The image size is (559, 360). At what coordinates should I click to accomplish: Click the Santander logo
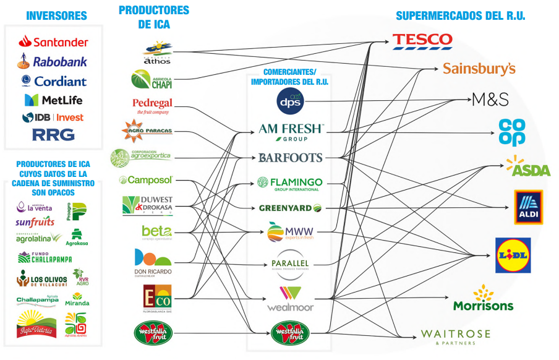pyautogui.click(x=53, y=42)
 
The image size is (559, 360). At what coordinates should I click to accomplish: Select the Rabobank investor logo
pyautogui.click(x=53, y=61)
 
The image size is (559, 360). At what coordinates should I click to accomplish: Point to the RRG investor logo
pyautogui.click(x=53, y=134)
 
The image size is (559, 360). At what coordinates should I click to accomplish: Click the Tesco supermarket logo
pyautogui.click(x=422, y=41)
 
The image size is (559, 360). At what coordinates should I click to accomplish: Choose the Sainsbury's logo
pyautogui.click(x=479, y=68)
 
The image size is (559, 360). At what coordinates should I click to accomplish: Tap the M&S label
pyautogui.click(x=490, y=99)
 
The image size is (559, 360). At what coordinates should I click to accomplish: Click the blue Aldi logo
pyautogui.click(x=528, y=207)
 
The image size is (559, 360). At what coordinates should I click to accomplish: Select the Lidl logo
pyautogui.click(x=513, y=255)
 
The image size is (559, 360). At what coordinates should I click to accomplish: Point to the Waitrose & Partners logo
pyautogui.click(x=455, y=336)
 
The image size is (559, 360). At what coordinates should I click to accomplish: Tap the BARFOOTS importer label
pyautogui.click(x=291, y=157)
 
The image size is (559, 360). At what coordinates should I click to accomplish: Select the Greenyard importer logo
pyautogui.click(x=290, y=208)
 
